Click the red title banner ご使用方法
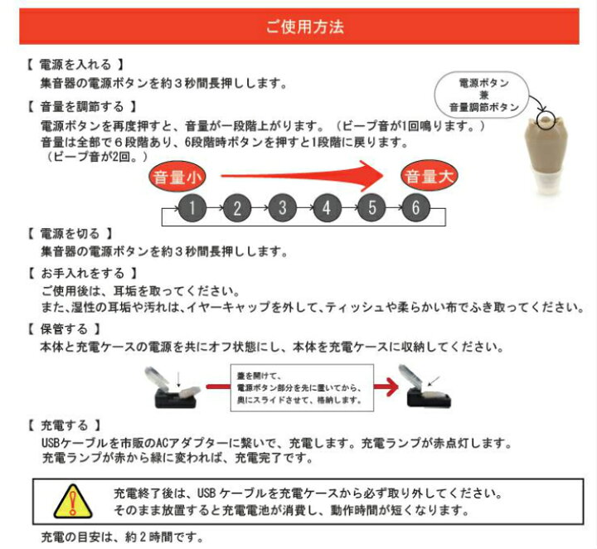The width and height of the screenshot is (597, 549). [304, 26]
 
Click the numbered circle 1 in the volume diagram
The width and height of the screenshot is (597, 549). [192, 207]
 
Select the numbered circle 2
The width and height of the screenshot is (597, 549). [237, 207]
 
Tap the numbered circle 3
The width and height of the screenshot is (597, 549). [282, 207]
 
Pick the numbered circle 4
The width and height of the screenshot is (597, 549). [327, 207]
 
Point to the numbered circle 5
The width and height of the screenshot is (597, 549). [371, 207]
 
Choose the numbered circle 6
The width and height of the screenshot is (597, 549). [416, 207]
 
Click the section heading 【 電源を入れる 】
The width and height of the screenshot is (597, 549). [75, 64]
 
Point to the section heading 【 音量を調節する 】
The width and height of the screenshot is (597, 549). [81, 107]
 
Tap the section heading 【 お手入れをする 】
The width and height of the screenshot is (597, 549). [81, 272]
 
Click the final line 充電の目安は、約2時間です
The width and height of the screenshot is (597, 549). [122, 536]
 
